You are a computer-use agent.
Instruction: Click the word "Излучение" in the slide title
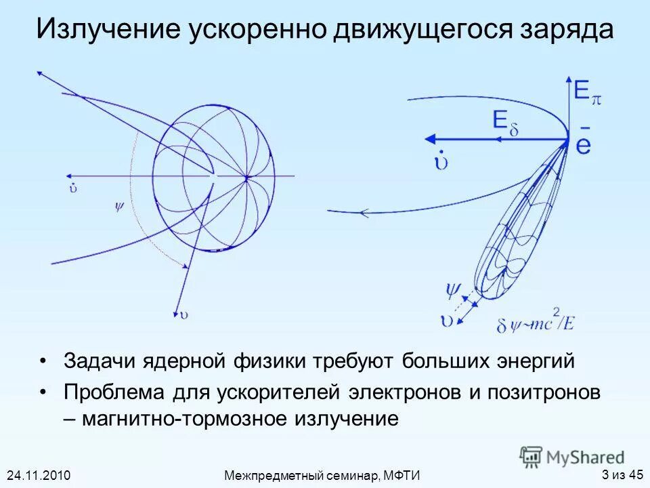[108, 31]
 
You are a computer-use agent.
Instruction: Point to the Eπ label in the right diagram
[586, 92]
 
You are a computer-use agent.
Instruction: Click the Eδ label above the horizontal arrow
[504, 123]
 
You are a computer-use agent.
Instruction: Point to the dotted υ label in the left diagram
[72, 187]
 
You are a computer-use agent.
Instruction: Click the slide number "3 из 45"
[622, 474]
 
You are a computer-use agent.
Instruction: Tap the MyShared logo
[572, 457]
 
